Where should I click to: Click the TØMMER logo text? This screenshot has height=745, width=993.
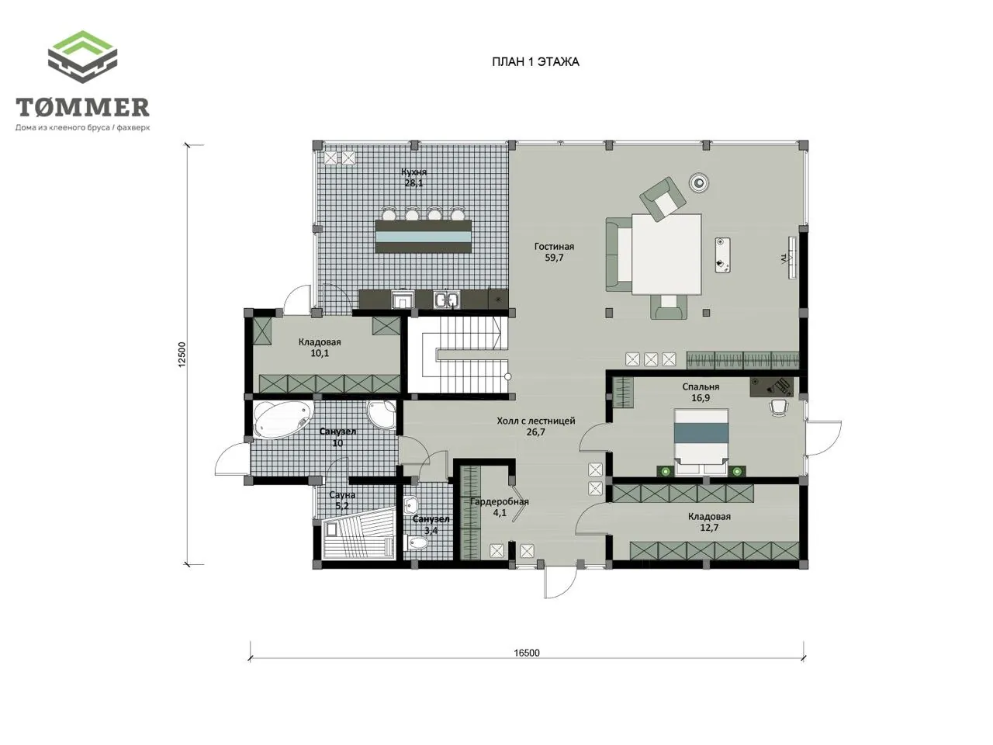pos(82,107)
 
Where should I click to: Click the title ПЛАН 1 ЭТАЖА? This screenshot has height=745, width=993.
pos(535,62)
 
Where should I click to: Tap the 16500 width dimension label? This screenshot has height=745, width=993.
pos(527,653)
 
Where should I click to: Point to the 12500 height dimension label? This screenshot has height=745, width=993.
pos(182,355)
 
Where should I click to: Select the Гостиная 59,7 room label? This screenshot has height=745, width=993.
pos(554,252)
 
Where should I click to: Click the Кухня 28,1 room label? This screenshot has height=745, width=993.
pos(413,177)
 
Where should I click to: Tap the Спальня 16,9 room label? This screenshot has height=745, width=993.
pos(701,392)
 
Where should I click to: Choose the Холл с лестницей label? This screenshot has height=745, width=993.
pos(535,421)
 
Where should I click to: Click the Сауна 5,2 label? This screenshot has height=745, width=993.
pos(342,501)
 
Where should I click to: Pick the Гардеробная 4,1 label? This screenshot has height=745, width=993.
pos(500,507)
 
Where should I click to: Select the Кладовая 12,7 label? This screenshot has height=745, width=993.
pos(709,522)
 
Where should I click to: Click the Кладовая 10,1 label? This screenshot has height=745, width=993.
pos(320,348)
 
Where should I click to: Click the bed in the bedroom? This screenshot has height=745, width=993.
pos(701,442)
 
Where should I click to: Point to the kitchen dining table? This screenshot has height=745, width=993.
pos(423,237)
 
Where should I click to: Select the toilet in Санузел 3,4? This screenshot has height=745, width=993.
pos(415,542)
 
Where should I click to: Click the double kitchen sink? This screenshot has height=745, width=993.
pos(446,300)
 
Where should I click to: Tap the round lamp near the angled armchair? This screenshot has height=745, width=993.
pos(699,182)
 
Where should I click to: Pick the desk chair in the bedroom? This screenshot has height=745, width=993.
pos(778,407)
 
